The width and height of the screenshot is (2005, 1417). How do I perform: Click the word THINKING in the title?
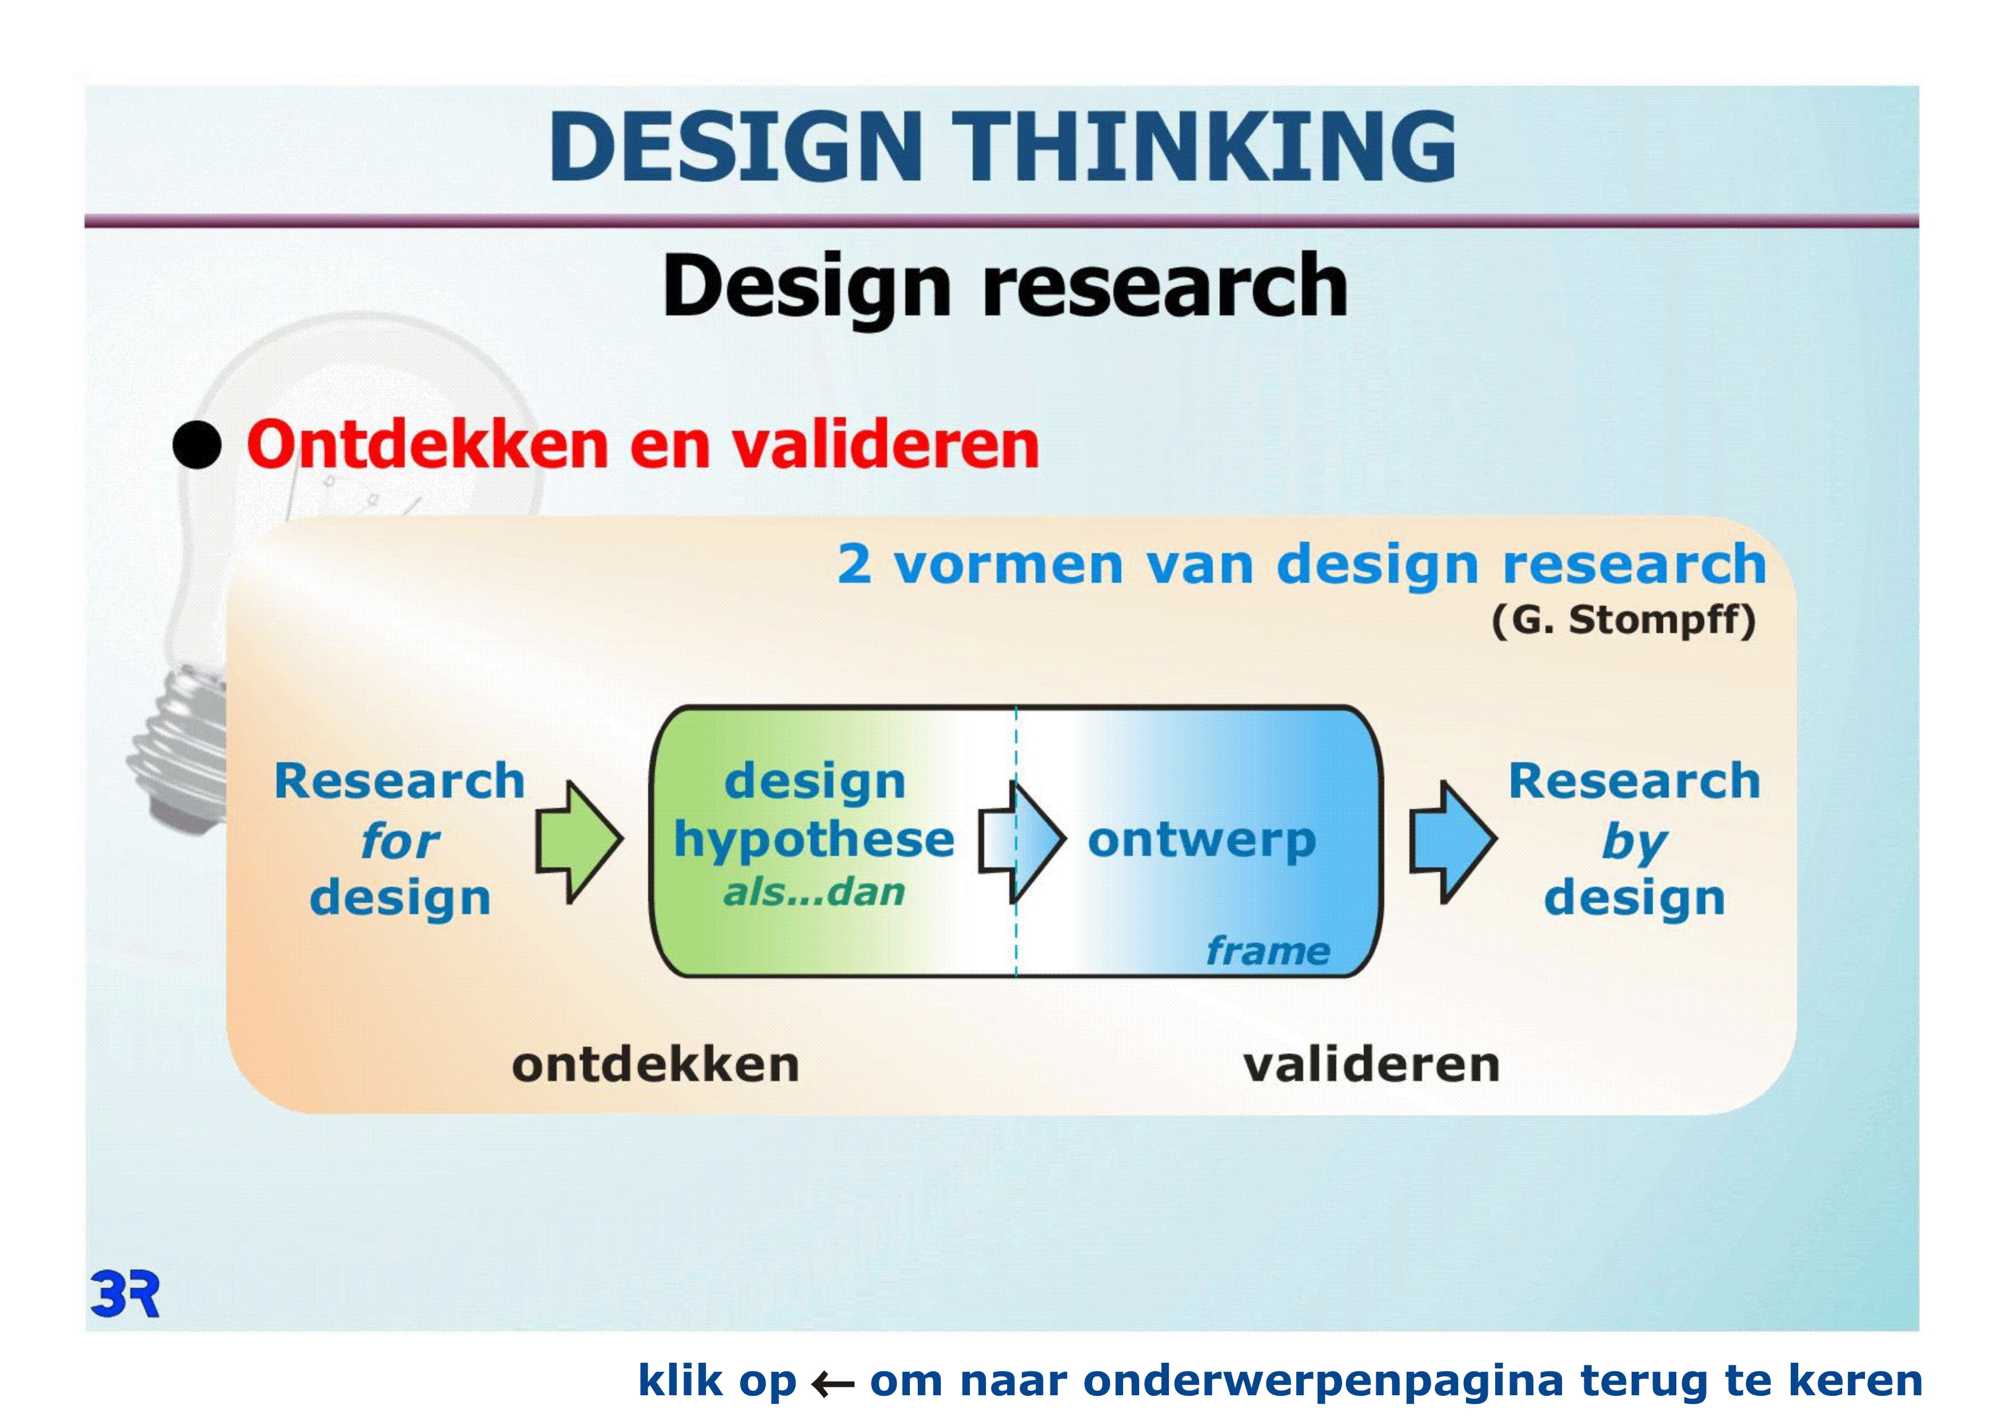click(x=1204, y=147)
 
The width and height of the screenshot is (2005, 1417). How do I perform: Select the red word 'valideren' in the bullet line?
click(x=885, y=445)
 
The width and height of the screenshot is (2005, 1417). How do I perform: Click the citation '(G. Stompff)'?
click(x=1623, y=621)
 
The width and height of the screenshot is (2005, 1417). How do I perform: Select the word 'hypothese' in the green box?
click(x=814, y=840)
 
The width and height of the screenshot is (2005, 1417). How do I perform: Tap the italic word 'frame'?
click(x=1268, y=951)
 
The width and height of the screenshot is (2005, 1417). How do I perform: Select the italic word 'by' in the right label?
click(x=1635, y=843)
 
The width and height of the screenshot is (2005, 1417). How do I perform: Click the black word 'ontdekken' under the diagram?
click(x=656, y=1065)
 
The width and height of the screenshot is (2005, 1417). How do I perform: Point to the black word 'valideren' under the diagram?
click(x=1372, y=1065)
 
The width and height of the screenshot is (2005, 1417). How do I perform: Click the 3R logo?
click(x=125, y=1295)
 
